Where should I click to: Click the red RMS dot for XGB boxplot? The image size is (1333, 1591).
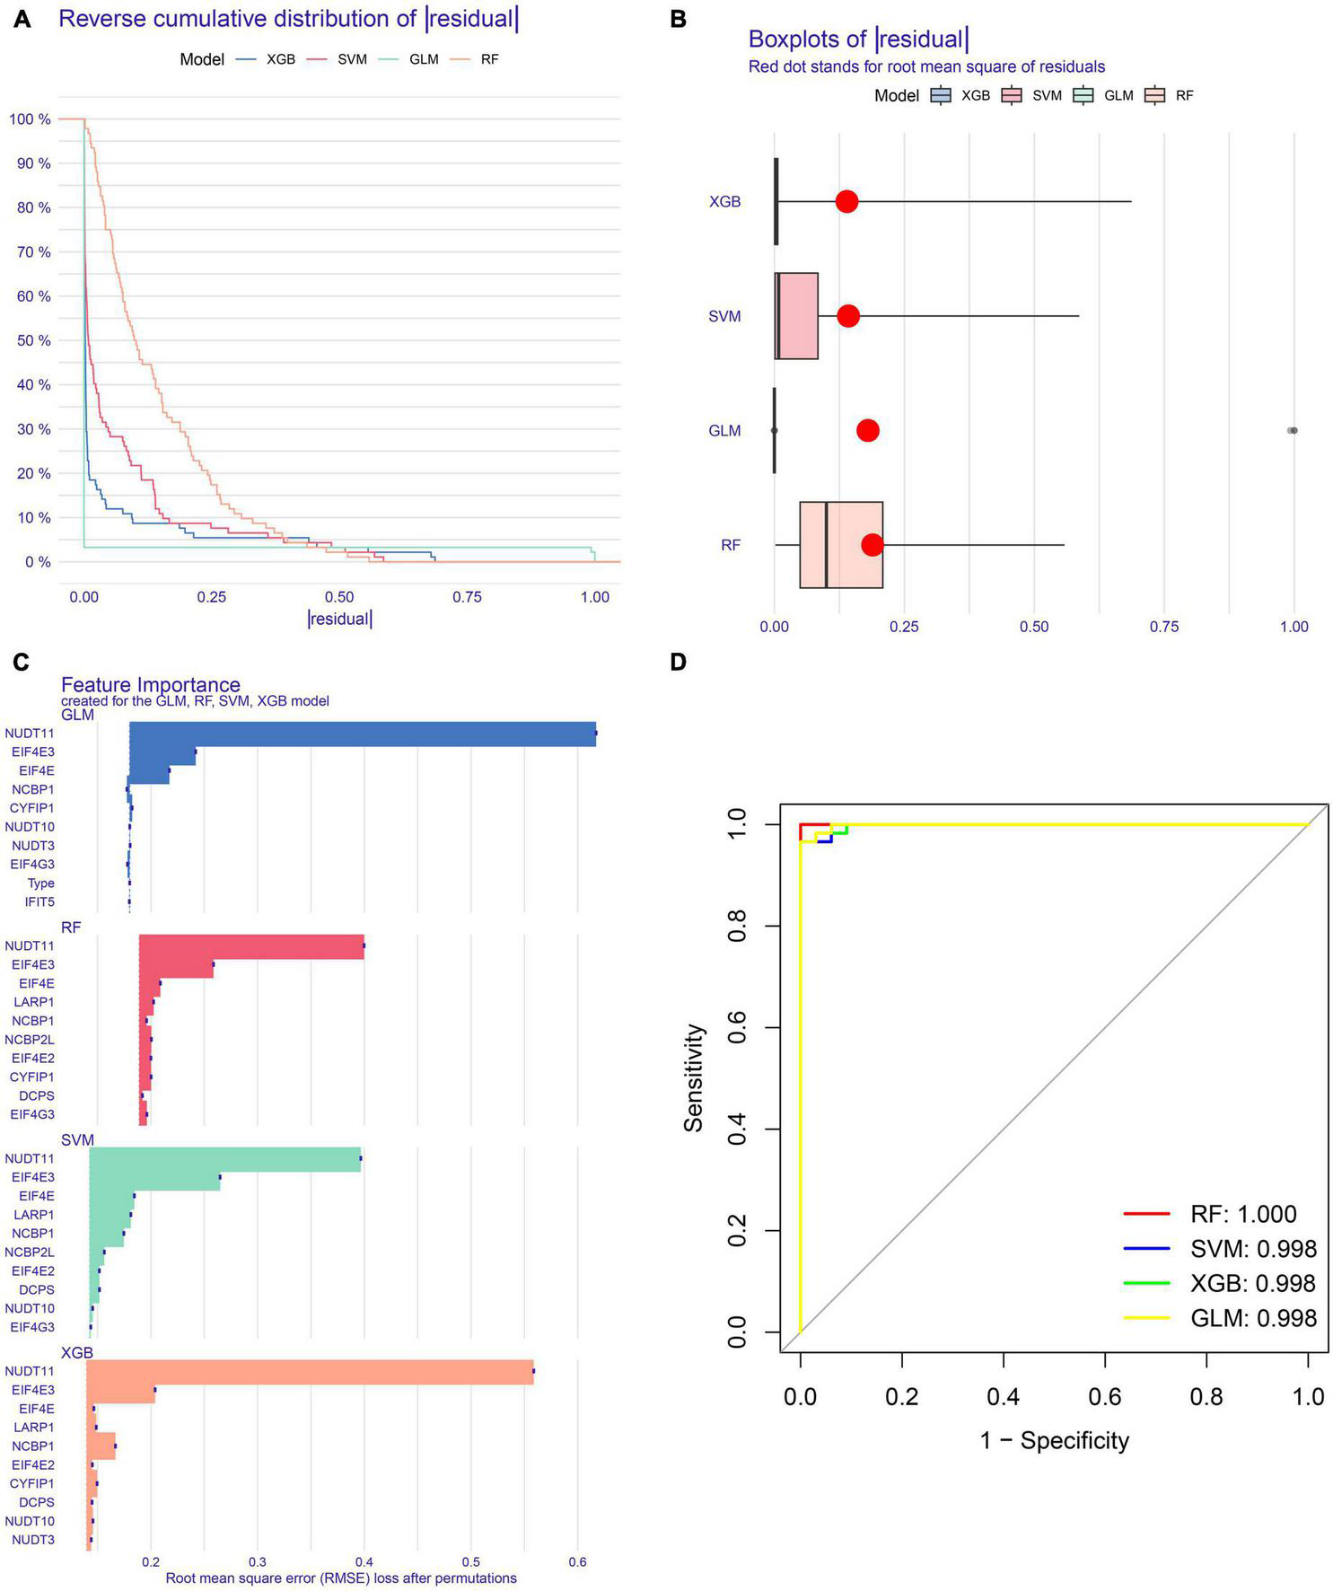[x=846, y=201]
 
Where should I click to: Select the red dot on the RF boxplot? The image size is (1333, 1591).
[x=872, y=544]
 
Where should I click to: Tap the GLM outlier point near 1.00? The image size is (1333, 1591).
[x=1293, y=430]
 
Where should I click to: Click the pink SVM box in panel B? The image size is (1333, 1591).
[x=797, y=316]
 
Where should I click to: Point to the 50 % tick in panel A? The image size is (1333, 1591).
[x=31, y=340]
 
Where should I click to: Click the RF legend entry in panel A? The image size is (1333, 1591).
[x=489, y=59]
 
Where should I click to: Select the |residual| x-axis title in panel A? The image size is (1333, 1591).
[x=339, y=619]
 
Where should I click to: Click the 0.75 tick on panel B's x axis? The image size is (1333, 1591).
[x=1164, y=627]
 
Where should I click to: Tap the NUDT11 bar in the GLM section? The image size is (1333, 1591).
[x=363, y=734]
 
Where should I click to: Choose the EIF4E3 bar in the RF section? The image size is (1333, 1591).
[x=176, y=964]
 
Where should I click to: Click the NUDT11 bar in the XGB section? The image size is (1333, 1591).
[x=310, y=1371]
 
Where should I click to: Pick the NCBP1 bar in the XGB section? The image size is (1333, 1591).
[x=101, y=1446]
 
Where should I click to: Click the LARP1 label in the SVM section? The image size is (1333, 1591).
[x=34, y=1215]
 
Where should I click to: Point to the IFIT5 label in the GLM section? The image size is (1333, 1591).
[x=40, y=901]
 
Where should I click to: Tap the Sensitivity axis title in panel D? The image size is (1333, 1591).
[x=694, y=1077]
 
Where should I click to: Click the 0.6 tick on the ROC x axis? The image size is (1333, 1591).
[x=1105, y=1397]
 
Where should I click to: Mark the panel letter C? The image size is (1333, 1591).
[x=22, y=663]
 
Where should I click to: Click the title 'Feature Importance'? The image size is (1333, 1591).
[x=150, y=686]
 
